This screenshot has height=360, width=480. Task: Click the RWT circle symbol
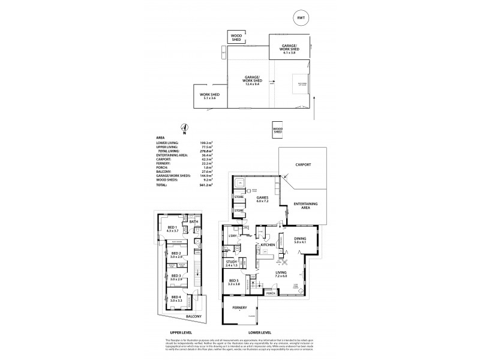301,19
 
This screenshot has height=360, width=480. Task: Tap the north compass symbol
185,127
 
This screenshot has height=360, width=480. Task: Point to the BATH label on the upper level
193,222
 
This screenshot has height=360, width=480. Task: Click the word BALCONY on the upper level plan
193,316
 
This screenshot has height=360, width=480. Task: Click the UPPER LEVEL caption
180,331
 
